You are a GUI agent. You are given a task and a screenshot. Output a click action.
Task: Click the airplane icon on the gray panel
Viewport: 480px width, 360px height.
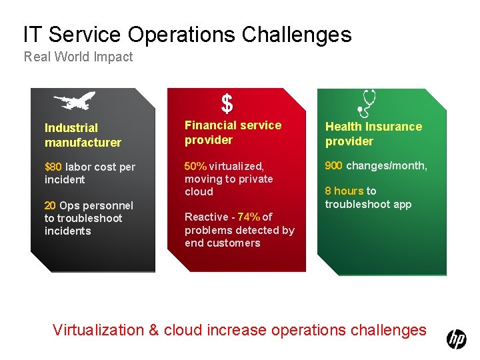[x=74, y=101]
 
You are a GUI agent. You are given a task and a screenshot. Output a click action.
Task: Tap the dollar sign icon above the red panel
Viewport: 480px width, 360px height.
[x=227, y=103]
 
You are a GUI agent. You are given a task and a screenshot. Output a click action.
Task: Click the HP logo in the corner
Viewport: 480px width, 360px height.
[x=457, y=339]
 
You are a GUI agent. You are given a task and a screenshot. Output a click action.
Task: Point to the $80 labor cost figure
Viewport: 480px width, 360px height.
[x=53, y=167]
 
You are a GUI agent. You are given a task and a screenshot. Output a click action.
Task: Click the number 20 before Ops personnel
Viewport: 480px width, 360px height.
[x=50, y=205]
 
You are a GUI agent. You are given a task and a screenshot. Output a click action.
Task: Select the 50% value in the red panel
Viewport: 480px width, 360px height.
[x=195, y=166]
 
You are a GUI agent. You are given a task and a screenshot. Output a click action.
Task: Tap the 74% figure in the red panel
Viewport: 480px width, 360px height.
[x=249, y=217]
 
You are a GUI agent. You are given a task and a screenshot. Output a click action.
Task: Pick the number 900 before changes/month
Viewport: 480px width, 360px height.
[x=334, y=165]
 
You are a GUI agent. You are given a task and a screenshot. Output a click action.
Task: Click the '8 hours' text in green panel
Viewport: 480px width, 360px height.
[x=344, y=191]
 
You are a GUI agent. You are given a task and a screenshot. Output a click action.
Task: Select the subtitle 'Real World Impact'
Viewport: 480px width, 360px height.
[x=78, y=57]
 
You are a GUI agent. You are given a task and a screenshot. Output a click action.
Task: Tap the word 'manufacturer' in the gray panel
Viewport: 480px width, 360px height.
[x=83, y=143]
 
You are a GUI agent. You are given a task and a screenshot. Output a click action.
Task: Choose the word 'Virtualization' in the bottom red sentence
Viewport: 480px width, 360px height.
[x=98, y=330]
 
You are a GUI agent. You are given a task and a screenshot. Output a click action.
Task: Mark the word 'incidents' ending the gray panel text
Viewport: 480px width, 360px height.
[x=67, y=231]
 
